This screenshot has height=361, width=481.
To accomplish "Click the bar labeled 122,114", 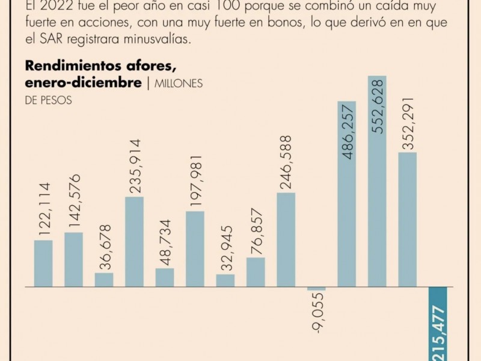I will [x=43, y=263].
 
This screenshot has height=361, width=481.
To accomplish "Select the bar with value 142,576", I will [x=73, y=259].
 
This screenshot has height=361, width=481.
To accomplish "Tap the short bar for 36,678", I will [x=104, y=280].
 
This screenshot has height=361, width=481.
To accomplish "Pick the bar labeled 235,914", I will [x=134, y=241].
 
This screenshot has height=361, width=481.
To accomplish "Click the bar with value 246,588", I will [x=286, y=239].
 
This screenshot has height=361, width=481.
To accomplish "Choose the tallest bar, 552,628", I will [x=377, y=181].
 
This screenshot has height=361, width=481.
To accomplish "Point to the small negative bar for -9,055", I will [x=316, y=289].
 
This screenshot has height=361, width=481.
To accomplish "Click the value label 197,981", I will [x=195, y=181].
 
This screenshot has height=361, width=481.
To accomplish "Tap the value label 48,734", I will [x=165, y=242].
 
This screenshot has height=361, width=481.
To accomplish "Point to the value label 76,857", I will [x=256, y=231].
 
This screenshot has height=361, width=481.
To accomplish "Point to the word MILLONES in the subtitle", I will [x=179, y=84].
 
